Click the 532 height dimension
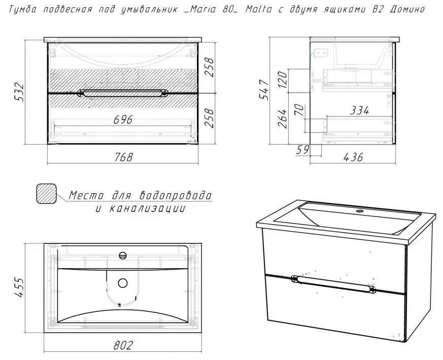tap(19, 92)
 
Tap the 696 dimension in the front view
tap(123, 120)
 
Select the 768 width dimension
tap(123, 157)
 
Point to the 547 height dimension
tap(265, 90)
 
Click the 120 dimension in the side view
tap(283, 80)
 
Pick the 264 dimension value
tap(283, 118)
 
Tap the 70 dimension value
tap(299, 110)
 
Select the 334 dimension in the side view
tap(359, 111)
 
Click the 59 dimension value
tap(303, 150)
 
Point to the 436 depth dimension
tap(353, 157)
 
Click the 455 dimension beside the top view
tap(19, 287)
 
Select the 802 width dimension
tap(123, 345)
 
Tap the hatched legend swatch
tap(46, 193)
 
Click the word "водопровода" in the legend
tap(176, 195)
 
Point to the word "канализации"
tap(147, 208)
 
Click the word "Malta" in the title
tap(258, 9)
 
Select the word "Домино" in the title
tap(407, 9)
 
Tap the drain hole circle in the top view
tap(123, 283)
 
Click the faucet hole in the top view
tap(123, 256)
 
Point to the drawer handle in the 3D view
tap(333, 284)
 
